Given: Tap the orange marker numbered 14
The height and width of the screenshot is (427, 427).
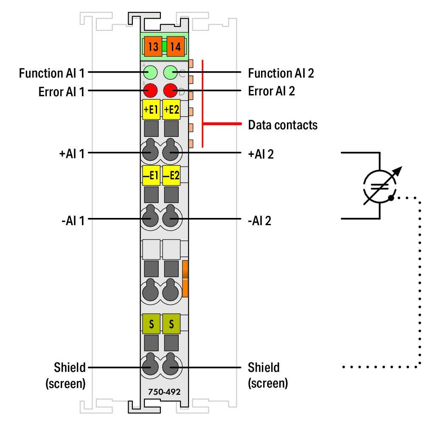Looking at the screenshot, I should pyautogui.click(x=174, y=47).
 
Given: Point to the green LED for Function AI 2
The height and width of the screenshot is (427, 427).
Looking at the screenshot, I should pyautogui.click(x=171, y=73).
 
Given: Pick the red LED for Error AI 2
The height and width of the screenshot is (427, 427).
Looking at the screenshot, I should pyautogui.click(x=171, y=91).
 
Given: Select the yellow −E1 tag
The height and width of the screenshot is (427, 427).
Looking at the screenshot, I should pyautogui.click(x=151, y=176).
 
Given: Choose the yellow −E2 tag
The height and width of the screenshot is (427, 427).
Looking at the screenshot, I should pyautogui.click(x=171, y=176).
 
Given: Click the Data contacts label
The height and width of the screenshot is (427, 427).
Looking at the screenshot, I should pyautogui.click(x=282, y=125).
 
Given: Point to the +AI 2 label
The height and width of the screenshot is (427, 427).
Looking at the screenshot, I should pyautogui.click(x=261, y=153).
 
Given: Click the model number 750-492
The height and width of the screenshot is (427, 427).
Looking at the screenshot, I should pyautogui.click(x=164, y=392).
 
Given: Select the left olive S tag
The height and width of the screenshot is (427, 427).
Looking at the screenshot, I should pyautogui.click(x=151, y=324).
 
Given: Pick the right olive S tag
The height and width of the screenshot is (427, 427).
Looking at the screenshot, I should pyautogui.click(x=171, y=324).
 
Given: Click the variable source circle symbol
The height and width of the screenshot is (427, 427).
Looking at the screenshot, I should pyautogui.click(x=379, y=185).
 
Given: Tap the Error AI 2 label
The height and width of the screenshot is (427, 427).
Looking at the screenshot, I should pyautogui.click(x=271, y=91).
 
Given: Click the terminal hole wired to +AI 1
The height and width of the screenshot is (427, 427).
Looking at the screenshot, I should pyautogui.click(x=149, y=151).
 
